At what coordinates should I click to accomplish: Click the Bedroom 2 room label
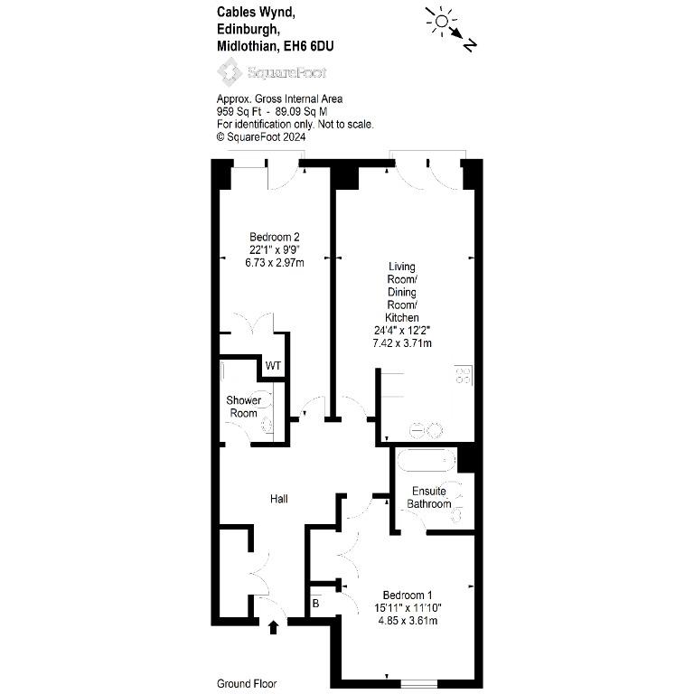coord(275,238)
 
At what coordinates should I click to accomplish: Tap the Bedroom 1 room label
coord(408,596)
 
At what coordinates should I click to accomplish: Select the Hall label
coord(279,499)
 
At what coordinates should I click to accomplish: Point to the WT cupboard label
coord(273,366)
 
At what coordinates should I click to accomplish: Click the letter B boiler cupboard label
coord(315,604)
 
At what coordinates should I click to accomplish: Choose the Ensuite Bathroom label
coord(429,498)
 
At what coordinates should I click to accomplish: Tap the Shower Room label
coord(243,407)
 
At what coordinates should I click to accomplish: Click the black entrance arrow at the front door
coord(273,627)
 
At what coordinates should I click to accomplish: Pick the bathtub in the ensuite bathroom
coord(427,461)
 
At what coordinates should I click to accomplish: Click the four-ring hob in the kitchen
coord(464,375)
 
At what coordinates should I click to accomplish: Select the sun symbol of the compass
coord(441,21)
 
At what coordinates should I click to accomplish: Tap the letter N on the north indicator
coord(470,45)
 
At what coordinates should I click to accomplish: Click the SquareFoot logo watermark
coord(272,72)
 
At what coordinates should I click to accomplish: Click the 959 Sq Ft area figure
coord(239,111)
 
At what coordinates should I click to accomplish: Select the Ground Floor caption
coord(247,684)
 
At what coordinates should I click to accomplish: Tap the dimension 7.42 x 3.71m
coord(402,343)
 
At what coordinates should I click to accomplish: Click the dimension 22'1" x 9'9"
coord(275,250)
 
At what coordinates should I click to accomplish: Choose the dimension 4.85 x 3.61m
coord(408,621)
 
